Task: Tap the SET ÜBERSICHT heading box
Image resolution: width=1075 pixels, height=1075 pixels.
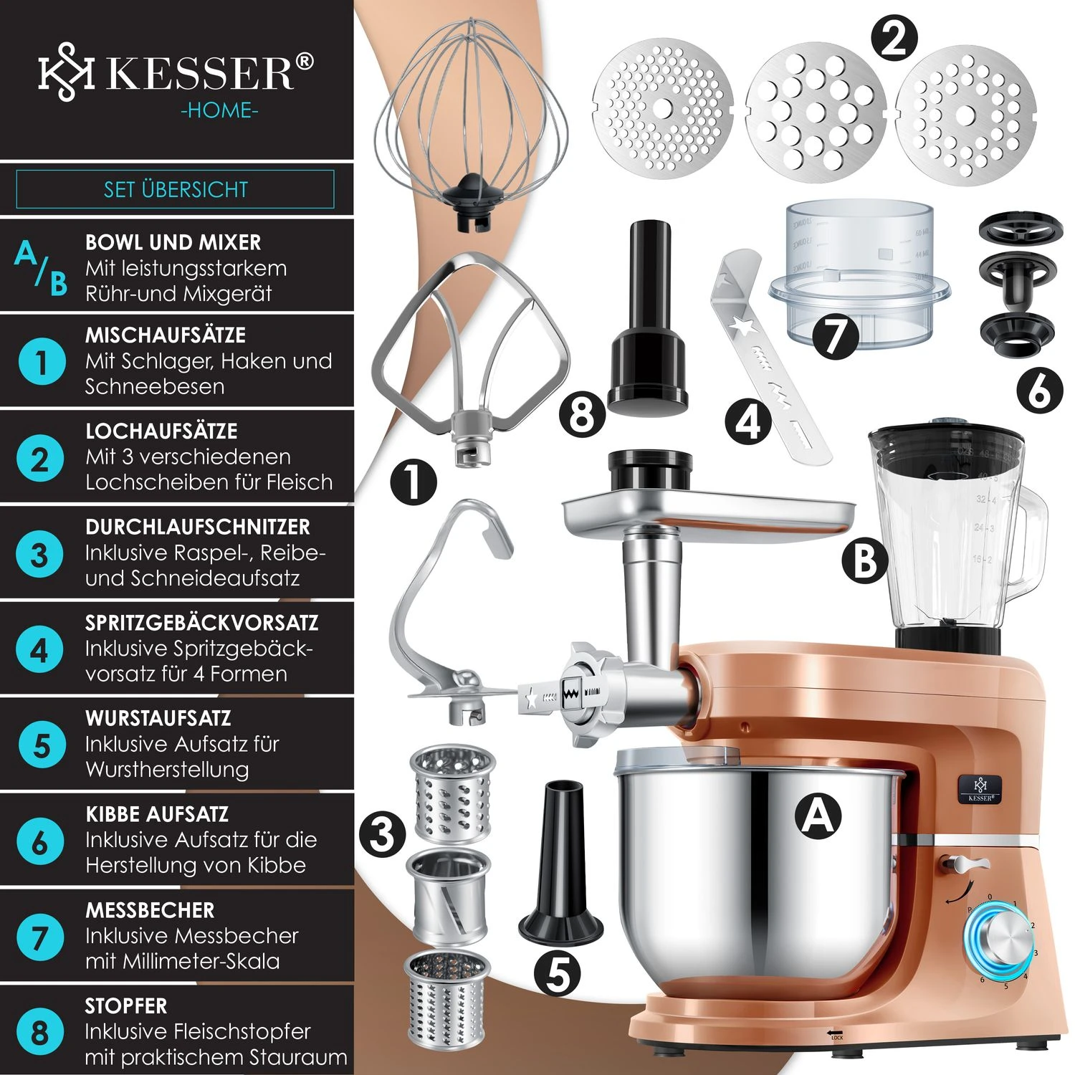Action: [176, 189]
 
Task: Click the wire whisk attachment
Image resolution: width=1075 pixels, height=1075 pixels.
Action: [473, 122]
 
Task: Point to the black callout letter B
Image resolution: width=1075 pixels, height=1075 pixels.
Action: [864, 560]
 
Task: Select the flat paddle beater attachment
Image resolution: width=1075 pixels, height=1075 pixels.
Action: [473, 358]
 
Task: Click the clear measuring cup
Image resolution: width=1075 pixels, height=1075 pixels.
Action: [860, 272]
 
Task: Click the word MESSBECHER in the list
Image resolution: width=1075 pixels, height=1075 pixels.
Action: [150, 910]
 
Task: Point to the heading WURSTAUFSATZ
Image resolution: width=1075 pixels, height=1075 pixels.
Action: [158, 718]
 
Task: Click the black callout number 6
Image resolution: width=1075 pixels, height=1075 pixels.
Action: [1039, 391]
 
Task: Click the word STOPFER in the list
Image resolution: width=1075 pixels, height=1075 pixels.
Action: [126, 1006]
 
